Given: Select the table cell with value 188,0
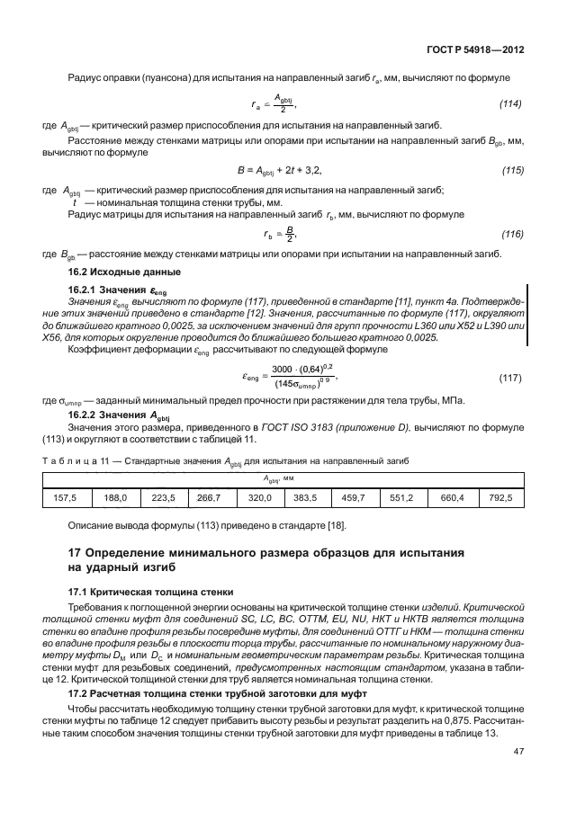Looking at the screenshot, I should pos(116,497).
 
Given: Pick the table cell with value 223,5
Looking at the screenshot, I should pos(163,497).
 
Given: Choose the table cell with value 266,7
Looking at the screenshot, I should pos(209,497).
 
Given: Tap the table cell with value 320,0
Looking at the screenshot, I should pos(259,497).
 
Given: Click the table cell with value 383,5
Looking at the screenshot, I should pos(307,497).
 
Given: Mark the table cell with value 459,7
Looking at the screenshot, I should pos(354,497).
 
